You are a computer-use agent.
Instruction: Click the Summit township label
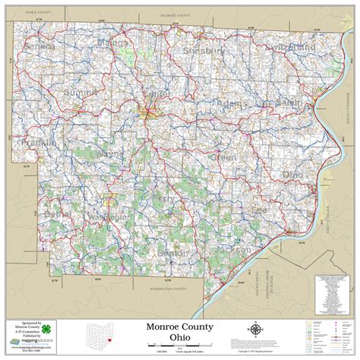coord(81,93)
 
